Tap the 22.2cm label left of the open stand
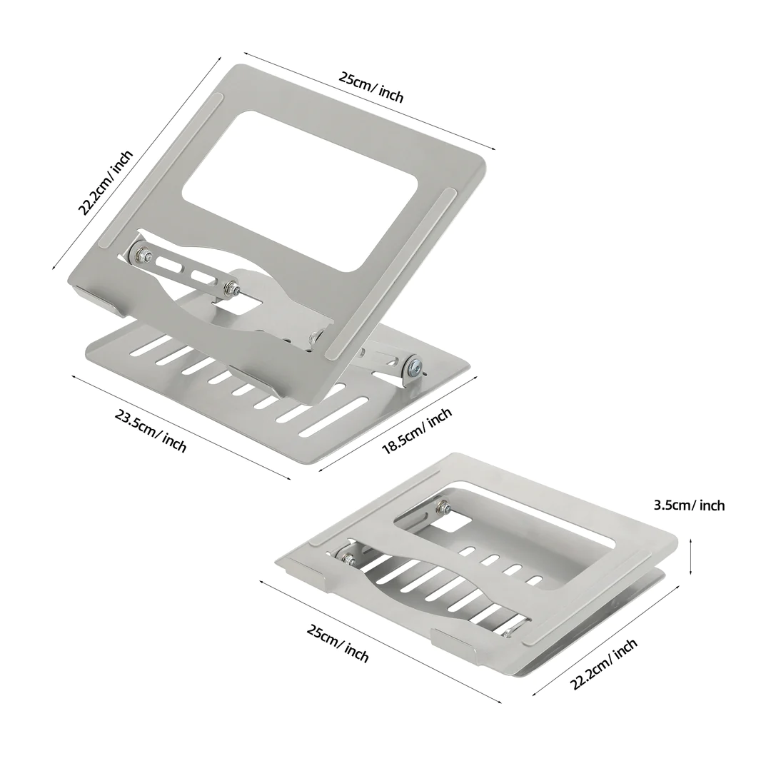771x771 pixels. tap(106, 183)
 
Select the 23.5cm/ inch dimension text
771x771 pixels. tap(151, 430)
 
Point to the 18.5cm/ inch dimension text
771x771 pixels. tap(417, 430)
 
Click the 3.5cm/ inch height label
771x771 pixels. tap(689, 505)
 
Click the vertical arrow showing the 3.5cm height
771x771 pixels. tap(691, 557)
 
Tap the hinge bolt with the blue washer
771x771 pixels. tap(414, 368)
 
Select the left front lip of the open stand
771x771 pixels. tap(98, 298)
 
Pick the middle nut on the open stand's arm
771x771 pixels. tap(231, 288)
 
